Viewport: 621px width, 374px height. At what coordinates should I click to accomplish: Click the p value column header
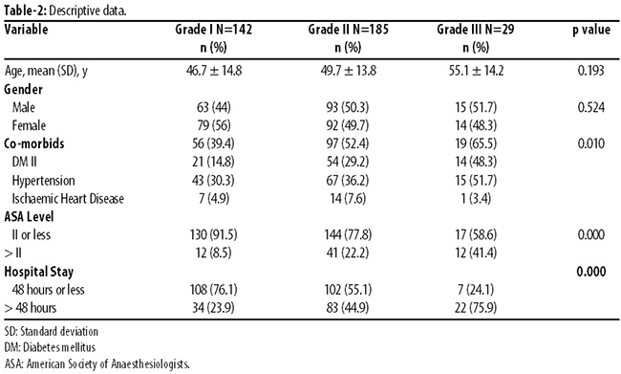(x=591, y=31)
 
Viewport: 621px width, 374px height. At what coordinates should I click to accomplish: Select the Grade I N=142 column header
(x=213, y=30)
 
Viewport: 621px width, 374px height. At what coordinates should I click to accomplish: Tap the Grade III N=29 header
(x=476, y=30)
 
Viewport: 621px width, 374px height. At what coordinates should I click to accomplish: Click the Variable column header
(x=26, y=30)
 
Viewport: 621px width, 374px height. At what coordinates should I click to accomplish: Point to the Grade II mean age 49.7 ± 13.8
(x=348, y=71)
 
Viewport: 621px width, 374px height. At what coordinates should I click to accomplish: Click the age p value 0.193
(x=590, y=71)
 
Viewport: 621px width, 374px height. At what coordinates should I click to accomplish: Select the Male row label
(x=24, y=107)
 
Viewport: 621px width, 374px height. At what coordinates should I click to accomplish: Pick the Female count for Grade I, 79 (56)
(x=213, y=125)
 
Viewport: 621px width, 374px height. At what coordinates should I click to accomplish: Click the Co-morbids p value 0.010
(x=590, y=143)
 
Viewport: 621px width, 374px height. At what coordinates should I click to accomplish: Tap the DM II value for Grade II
(x=348, y=162)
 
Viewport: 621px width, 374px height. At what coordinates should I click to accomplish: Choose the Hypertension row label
(x=44, y=181)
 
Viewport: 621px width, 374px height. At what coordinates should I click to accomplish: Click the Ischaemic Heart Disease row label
(x=68, y=199)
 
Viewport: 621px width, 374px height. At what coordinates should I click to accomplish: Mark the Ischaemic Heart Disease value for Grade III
(x=476, y=199)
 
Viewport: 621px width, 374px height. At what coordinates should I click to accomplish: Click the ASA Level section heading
(x=29, y=217)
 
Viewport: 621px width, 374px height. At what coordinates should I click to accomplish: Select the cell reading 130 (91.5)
(x=213, y=234)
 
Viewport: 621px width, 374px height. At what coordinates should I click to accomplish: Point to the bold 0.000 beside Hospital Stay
(x=590, y=272)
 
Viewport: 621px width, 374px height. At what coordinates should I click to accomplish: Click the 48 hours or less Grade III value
(x=476, y=290)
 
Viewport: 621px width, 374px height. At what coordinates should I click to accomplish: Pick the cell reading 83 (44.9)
(x=348, y=308)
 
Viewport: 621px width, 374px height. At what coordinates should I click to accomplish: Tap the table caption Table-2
(x=26, y=11)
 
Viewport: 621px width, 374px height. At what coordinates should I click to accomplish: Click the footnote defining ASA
(x=97, y=363)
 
